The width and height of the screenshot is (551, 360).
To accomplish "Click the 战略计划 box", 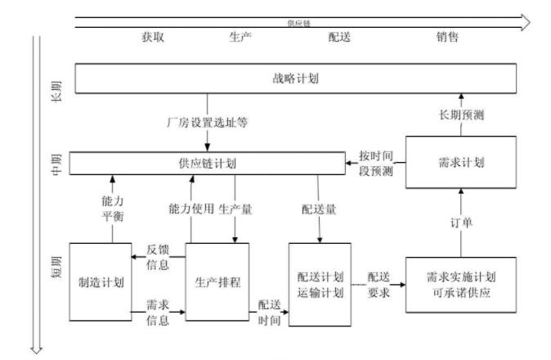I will [x=296, y=79].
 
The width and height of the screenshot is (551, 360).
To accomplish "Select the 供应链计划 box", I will [x=207, y=163].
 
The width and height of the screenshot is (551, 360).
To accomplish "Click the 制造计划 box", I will [x=101, y=282].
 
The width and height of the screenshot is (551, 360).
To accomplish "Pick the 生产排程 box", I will [x=219, y=282].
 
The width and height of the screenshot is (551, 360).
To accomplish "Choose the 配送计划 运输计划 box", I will [x=320, y=284].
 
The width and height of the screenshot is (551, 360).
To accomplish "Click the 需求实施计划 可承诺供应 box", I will [x=461, y=284].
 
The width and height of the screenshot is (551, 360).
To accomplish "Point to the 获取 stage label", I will [x=152, y=37].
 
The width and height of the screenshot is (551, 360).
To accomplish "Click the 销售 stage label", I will [x=447, y=37].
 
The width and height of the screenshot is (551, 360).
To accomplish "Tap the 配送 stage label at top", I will [x=339, y=37].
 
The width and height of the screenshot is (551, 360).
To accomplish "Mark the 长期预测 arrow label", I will [x=461, y=115].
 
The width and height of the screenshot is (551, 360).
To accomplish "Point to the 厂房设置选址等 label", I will [x=207, y=124].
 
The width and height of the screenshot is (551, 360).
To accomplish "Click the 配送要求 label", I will [x=378, y=283].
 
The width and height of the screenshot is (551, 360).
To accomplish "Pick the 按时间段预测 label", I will [x=376, y=164].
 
